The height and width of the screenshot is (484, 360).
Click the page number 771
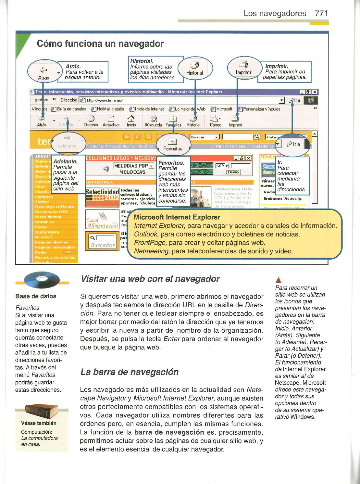[x=321, y=14]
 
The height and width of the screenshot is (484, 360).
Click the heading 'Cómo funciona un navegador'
[x=100, y=44]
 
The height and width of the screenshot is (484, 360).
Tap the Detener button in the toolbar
[x=91, y=121]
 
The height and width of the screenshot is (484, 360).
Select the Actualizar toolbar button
[x=111, y=121]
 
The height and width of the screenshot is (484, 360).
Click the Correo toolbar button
[x=215, y=121]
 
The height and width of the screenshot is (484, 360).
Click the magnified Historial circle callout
[x=195, y=69]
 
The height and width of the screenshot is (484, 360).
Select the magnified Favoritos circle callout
[x=173, y=144]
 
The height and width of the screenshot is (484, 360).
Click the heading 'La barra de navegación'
[x=129, y=372]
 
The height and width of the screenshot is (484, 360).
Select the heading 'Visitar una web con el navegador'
[x=150, y=279]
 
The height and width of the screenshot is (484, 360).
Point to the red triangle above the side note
[x=278, y=280]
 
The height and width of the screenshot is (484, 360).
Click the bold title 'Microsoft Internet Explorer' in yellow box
[x=177, y=217]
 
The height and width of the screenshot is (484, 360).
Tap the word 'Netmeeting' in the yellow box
[x=151, y=251]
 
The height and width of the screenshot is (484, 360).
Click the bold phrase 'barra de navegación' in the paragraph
[x=169, y=432]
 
